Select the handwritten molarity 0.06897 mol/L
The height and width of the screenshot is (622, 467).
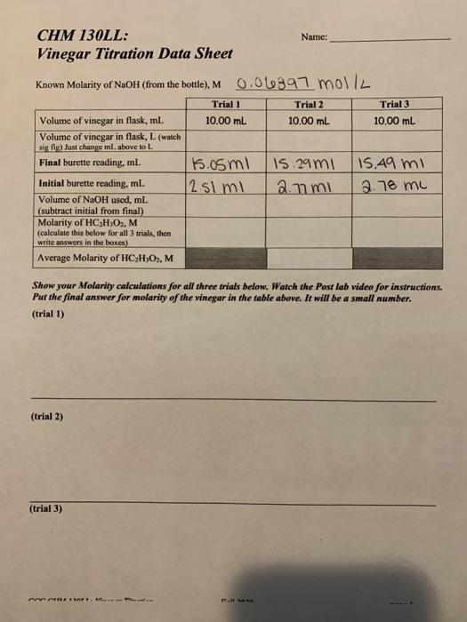(x=304, y=84)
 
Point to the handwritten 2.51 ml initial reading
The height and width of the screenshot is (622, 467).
(x=214, y=185)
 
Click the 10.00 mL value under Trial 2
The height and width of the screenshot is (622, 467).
(x=307, y=120)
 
